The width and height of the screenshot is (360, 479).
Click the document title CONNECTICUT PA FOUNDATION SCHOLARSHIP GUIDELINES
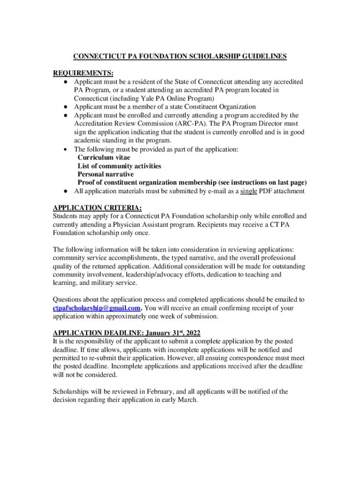click(x=180, y=57)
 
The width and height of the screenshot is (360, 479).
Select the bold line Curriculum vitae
click(x=104, y=158)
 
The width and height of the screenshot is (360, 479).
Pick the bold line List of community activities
click(x=119, y=166)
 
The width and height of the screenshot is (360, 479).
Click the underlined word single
click(x=249, y=191)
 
